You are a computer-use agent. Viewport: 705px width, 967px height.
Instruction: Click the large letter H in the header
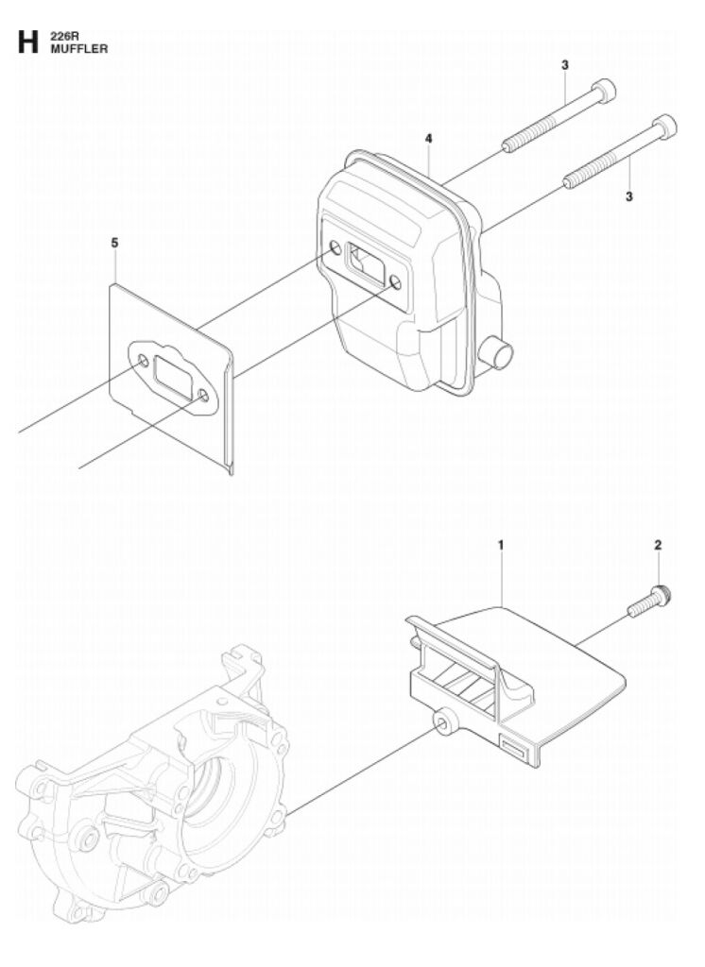coord(28,42)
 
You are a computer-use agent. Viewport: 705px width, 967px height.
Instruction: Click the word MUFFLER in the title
coord(79,49)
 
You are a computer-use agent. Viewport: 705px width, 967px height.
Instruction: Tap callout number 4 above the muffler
coord(428,139)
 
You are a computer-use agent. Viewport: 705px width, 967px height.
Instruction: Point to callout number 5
coord(115,243)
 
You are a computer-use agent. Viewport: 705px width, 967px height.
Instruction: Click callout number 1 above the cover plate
coord(501,545)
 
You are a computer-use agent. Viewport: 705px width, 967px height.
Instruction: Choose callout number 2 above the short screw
coord(658,545)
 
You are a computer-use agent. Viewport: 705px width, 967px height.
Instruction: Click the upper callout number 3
coord(565,65)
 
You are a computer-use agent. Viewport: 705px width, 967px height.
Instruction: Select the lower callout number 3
coord(629,196)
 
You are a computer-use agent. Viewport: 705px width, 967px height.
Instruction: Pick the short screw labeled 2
coord(649,602)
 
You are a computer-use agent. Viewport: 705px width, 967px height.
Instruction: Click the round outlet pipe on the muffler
coord(496,353)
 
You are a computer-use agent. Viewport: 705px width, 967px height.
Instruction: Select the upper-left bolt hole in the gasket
coord(144,361)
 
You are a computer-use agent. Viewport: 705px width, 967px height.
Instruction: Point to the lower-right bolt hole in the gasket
coord(203,394)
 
